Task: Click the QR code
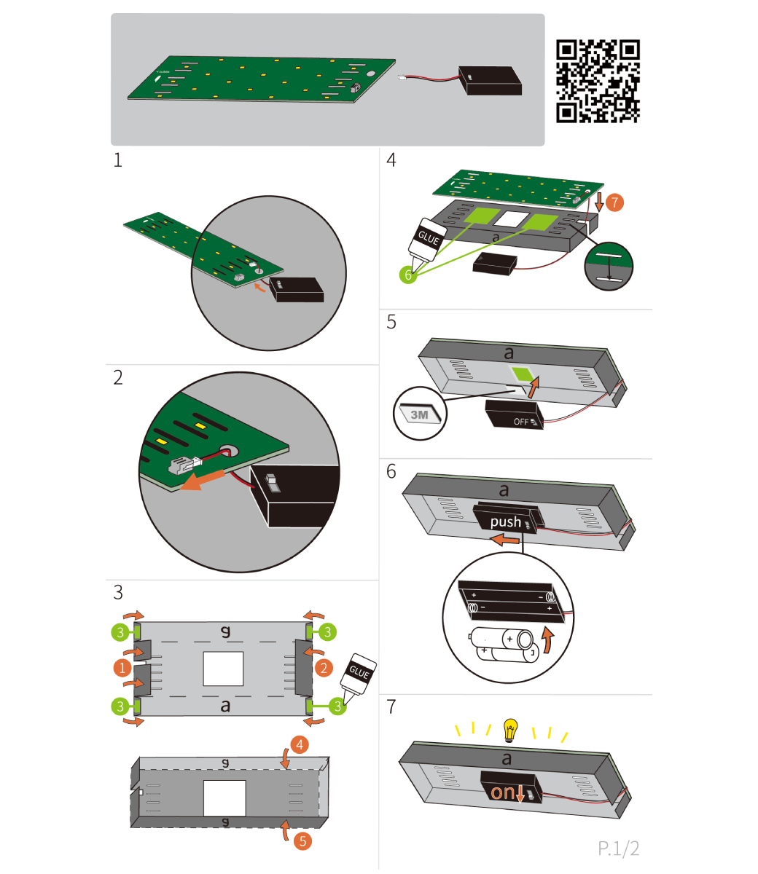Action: coord(598,81)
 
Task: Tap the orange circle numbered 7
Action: coord(614,202)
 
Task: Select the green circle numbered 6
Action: coord(408,275)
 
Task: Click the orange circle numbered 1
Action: coord(122,668)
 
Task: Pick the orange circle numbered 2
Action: coord(324,668)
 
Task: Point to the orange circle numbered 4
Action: coord(300,744)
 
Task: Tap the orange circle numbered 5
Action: coord(302,841)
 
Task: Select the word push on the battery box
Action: coord(505,522)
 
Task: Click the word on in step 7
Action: coord(502,792)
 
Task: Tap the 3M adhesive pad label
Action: coord(419,414)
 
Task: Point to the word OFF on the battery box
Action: coord(521,422)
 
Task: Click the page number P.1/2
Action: coord(618,849)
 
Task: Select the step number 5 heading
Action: coord(391,322)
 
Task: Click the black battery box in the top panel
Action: coord(491,80)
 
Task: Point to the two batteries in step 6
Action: coord(504,645)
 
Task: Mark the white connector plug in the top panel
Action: coord(402,77)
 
